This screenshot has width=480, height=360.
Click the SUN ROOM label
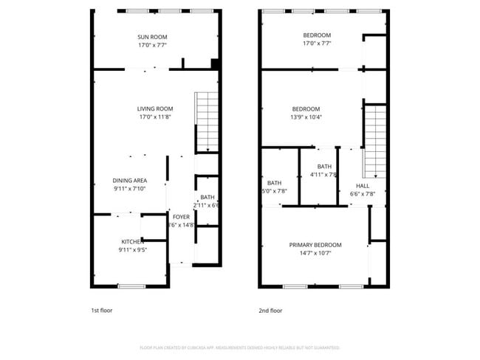[x=151, y=37]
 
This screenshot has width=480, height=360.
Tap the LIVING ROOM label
[x=154, y=109]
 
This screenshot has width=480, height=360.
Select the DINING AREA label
[x=129, y=181]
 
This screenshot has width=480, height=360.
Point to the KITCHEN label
[x=133, y=242]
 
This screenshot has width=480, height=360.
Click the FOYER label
[x=181, y=217]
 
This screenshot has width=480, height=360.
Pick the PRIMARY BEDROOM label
[x=315, y=245]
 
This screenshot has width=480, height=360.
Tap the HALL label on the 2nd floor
[x=363, y=186]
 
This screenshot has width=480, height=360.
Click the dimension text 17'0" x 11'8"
[x=154, y=117]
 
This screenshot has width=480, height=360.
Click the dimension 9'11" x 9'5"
[x=133, y=250]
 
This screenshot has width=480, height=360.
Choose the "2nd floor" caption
[x=270, y=311]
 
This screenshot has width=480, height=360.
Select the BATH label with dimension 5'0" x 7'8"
[x=274, y=183]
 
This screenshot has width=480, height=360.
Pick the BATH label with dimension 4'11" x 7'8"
[x=325, y=167]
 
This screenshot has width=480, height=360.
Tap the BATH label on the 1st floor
[x=207, y=197]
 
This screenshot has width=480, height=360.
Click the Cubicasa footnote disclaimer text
[x=240, y=347]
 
